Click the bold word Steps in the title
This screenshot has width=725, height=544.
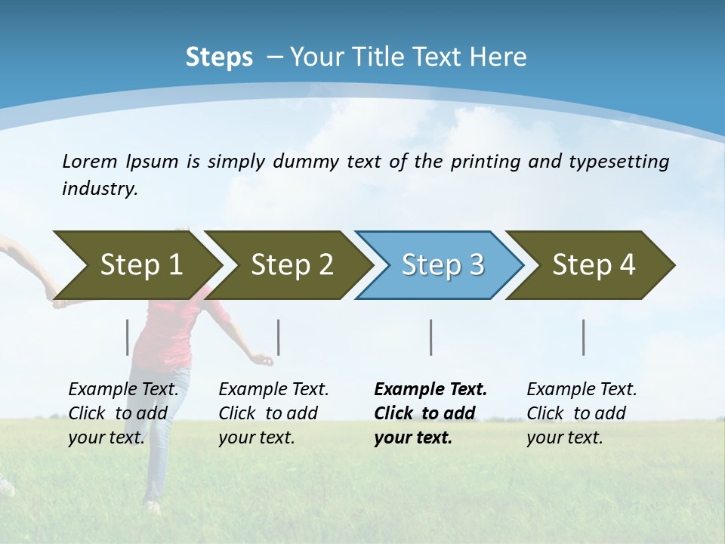coord(219,57)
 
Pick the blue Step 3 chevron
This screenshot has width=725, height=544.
coord(443,265)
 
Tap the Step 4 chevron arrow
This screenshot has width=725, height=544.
coord(594,265)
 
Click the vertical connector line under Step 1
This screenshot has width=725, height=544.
coord(128,337)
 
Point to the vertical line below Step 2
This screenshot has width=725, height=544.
coord(279,337)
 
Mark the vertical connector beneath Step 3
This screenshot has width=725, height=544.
coord(431,337)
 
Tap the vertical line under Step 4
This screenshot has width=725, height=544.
coord(584,337)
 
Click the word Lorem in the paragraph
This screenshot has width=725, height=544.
coord(90,162)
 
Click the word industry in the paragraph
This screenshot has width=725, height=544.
coord(99,189)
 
